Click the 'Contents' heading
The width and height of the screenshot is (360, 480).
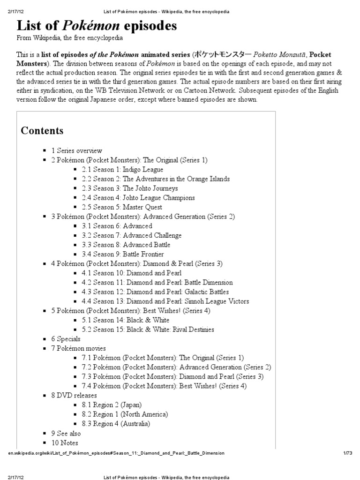pyautogui.click(x=42, y=130)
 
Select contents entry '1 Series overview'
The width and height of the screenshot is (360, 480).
pyautogui.click(x=76, y=150)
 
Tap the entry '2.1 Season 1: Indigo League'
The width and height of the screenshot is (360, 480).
pyautogui.click(x=122, y=169)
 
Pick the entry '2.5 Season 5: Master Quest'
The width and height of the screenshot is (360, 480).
pyautogui.click(x=121, y=207)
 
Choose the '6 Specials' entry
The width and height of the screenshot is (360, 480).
pyautogui.click(x=66, y=339)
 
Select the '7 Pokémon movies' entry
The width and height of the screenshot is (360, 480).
pyautogui.click(x=78, y=348)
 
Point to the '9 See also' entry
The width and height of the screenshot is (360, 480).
pyautogui.click(x=66, y=434)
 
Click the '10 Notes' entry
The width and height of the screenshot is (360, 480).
pyautogui.click(x=65, y=443)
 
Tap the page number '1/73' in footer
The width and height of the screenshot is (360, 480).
pyautogui.click(x=347, y=453)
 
